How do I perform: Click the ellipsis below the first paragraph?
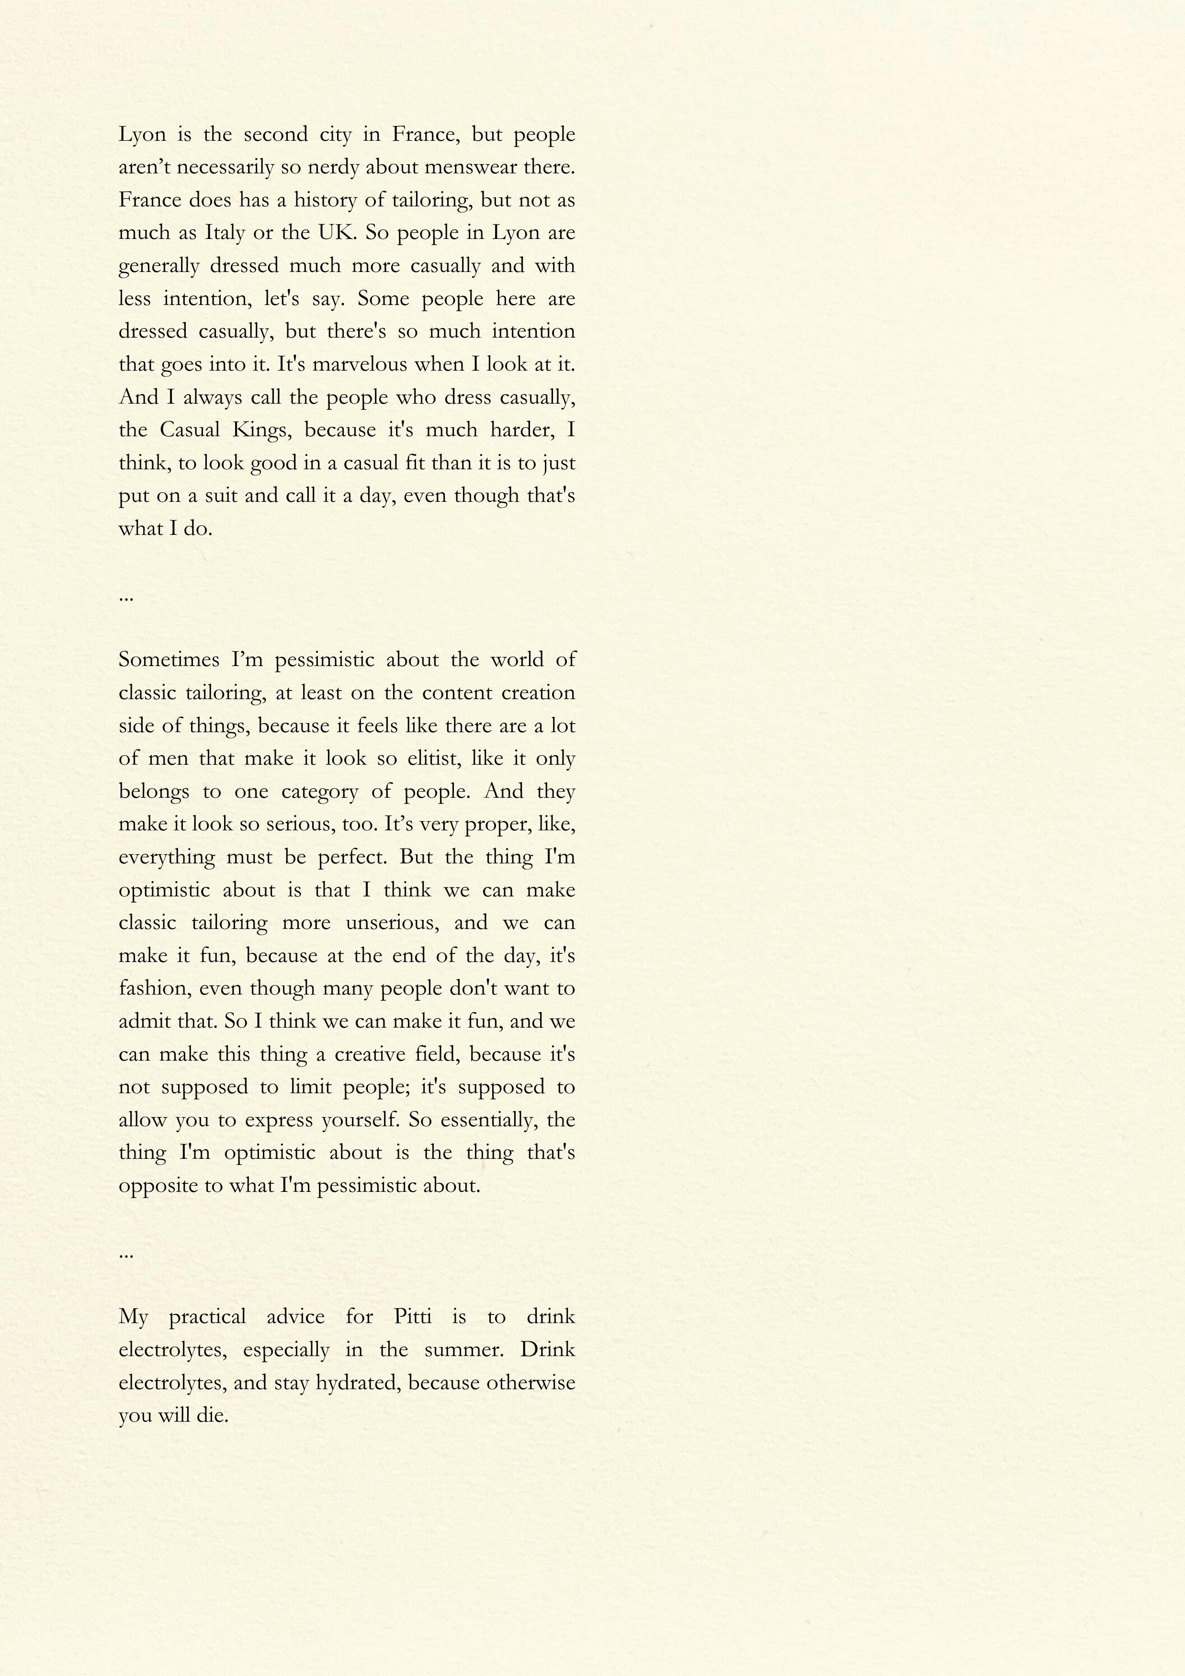tap(125, 598)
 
